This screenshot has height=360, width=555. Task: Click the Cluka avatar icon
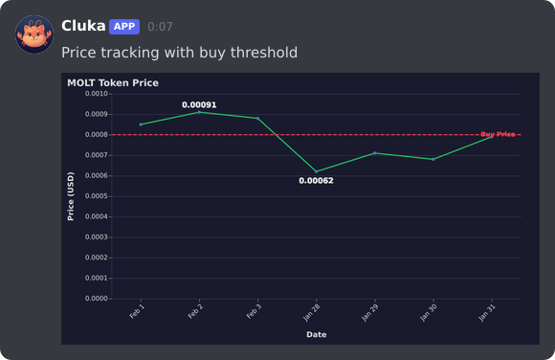click(34, 34)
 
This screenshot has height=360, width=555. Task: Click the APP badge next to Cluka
click(124, 26)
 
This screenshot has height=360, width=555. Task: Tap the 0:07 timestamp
click(160, 27)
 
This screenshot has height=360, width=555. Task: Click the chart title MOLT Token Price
click(113, 83)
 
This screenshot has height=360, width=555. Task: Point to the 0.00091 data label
click(199, 104)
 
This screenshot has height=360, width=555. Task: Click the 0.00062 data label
click(316, 180)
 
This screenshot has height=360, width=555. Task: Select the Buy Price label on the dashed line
click(498, 135)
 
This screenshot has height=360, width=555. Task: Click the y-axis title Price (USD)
click(71, 196)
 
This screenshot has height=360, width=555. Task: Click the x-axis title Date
click(316, 334)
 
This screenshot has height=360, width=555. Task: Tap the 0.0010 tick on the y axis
click(96, 94)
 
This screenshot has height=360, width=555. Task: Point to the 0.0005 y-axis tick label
click(96, 196)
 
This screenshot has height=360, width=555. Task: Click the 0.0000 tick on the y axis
click(96, 299)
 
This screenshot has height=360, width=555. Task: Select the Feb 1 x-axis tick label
click(137, 312)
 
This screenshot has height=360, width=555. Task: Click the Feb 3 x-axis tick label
click(254, 312)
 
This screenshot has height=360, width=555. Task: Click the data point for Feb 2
click(199, 112)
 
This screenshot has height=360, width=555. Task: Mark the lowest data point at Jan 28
click(316, 171)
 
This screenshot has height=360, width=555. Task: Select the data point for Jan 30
click(433, 159)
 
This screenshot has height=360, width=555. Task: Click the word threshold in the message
click(264, 53)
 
